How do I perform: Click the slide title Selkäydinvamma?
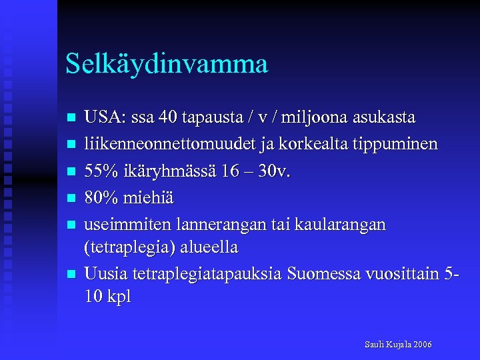167,64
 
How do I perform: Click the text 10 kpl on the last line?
108,297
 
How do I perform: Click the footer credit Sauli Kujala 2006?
398,345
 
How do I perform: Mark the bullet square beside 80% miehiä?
71,199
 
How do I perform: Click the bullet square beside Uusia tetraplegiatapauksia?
71,275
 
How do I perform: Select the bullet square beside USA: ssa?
71,119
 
